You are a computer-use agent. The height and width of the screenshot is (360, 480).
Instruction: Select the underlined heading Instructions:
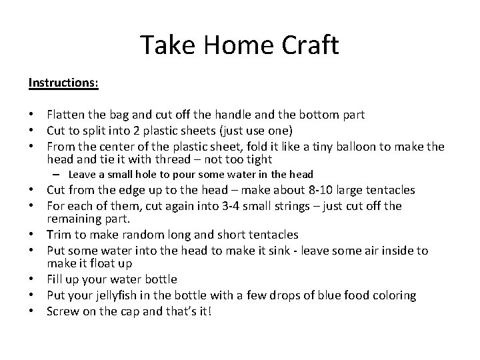(64, 83)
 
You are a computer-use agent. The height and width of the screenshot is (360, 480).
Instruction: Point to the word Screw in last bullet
(63, 311)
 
